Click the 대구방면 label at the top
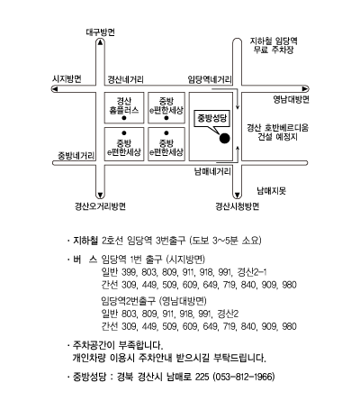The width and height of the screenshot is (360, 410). (x=100, y=32)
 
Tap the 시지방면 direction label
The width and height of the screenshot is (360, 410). (x=67, y=79)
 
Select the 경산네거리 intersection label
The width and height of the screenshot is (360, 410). (x=126, y=79)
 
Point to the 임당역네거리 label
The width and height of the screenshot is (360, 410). (x=210, y=79)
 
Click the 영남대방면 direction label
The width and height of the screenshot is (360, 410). (x=291, y=99)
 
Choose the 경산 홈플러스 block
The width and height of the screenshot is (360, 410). (x=124, y=108)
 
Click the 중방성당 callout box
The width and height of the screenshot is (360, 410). (x=211, y=119)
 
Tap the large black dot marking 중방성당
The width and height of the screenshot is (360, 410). (x=225, y=138)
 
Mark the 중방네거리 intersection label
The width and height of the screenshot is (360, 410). (x=76, y=156)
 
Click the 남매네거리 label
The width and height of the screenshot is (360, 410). (x=212, y=172)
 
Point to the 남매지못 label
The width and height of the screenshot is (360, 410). (x=272, y=191)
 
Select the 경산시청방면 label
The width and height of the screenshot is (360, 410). (x=238, y=206)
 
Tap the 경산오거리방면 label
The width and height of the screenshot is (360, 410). (x=100, y=206)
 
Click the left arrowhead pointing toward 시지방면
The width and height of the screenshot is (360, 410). (x=54, y=89)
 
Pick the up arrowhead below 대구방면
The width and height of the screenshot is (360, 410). (x=100, y=42)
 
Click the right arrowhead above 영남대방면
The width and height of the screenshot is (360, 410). (x=305, y=89)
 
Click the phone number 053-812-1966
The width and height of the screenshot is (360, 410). (x=244, y=377)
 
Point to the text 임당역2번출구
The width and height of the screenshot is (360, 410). (x=129, y=301)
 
